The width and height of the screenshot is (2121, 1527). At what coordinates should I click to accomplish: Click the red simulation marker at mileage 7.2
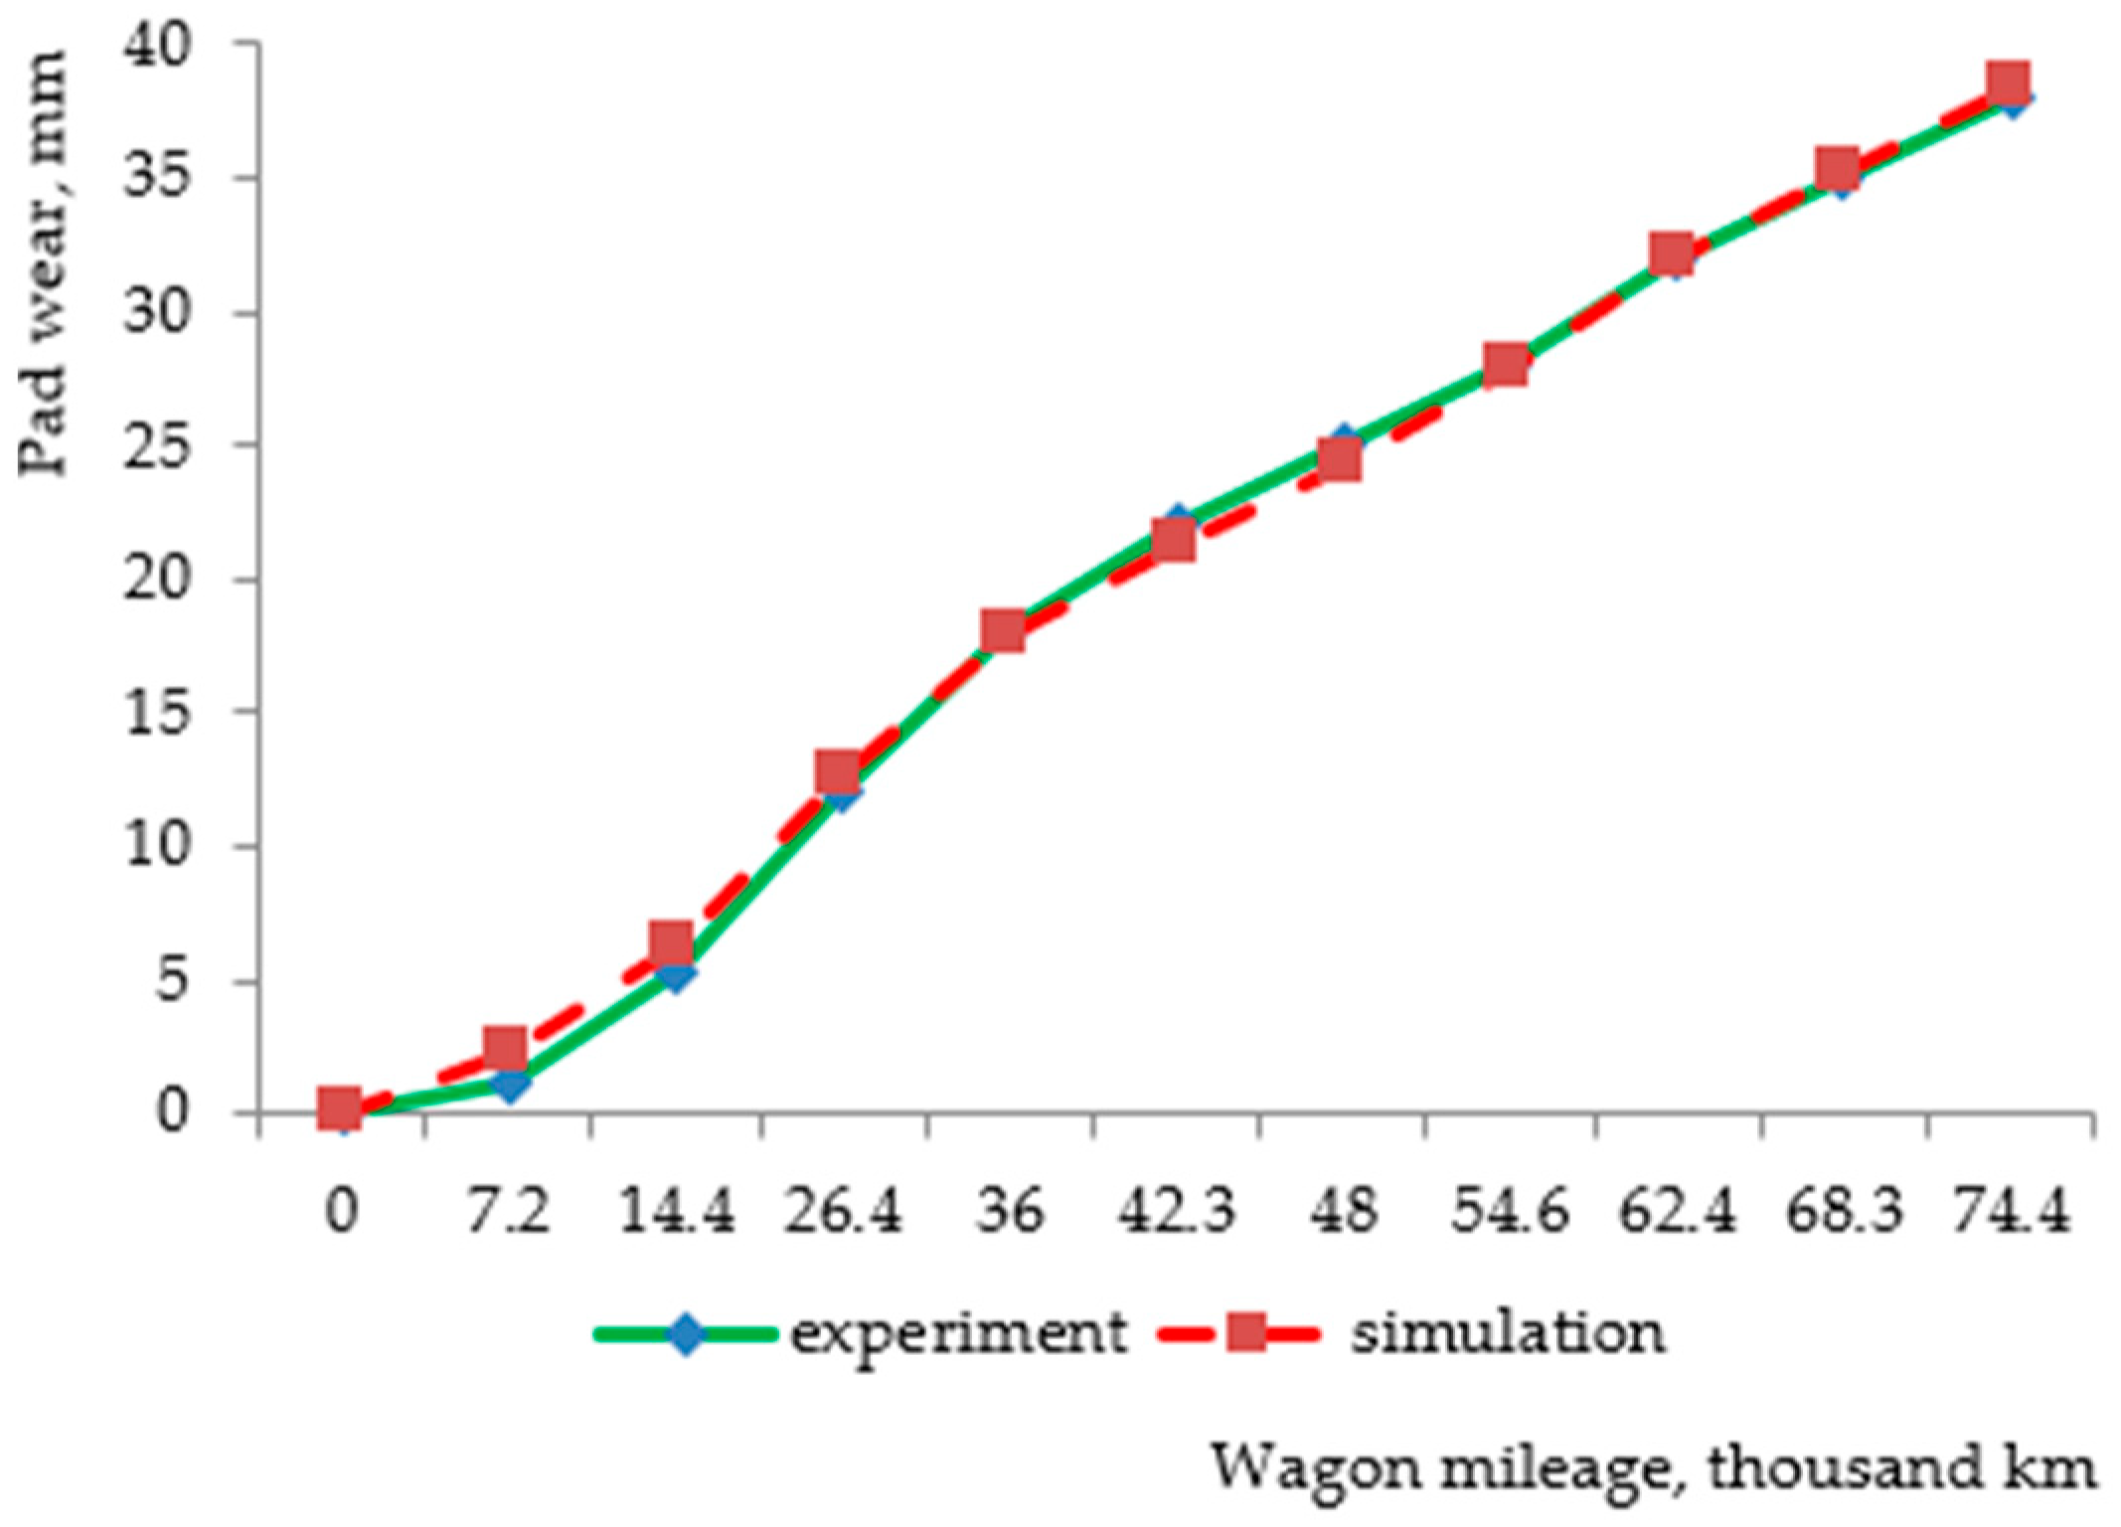[x=505, y=1048]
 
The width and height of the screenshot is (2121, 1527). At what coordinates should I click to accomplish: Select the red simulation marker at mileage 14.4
[x=672, y=940]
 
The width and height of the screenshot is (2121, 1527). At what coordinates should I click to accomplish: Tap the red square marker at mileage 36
[x=1004, y=630]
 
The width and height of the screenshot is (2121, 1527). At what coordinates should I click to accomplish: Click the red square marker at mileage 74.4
[x=2008, y=82]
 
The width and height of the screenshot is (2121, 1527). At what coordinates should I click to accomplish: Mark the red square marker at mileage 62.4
[x=1672, y=253]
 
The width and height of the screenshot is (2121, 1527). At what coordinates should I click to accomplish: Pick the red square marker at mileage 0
[x=338, y=1105]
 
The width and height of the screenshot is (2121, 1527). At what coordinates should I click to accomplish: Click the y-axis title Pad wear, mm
[x=44, y=263]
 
